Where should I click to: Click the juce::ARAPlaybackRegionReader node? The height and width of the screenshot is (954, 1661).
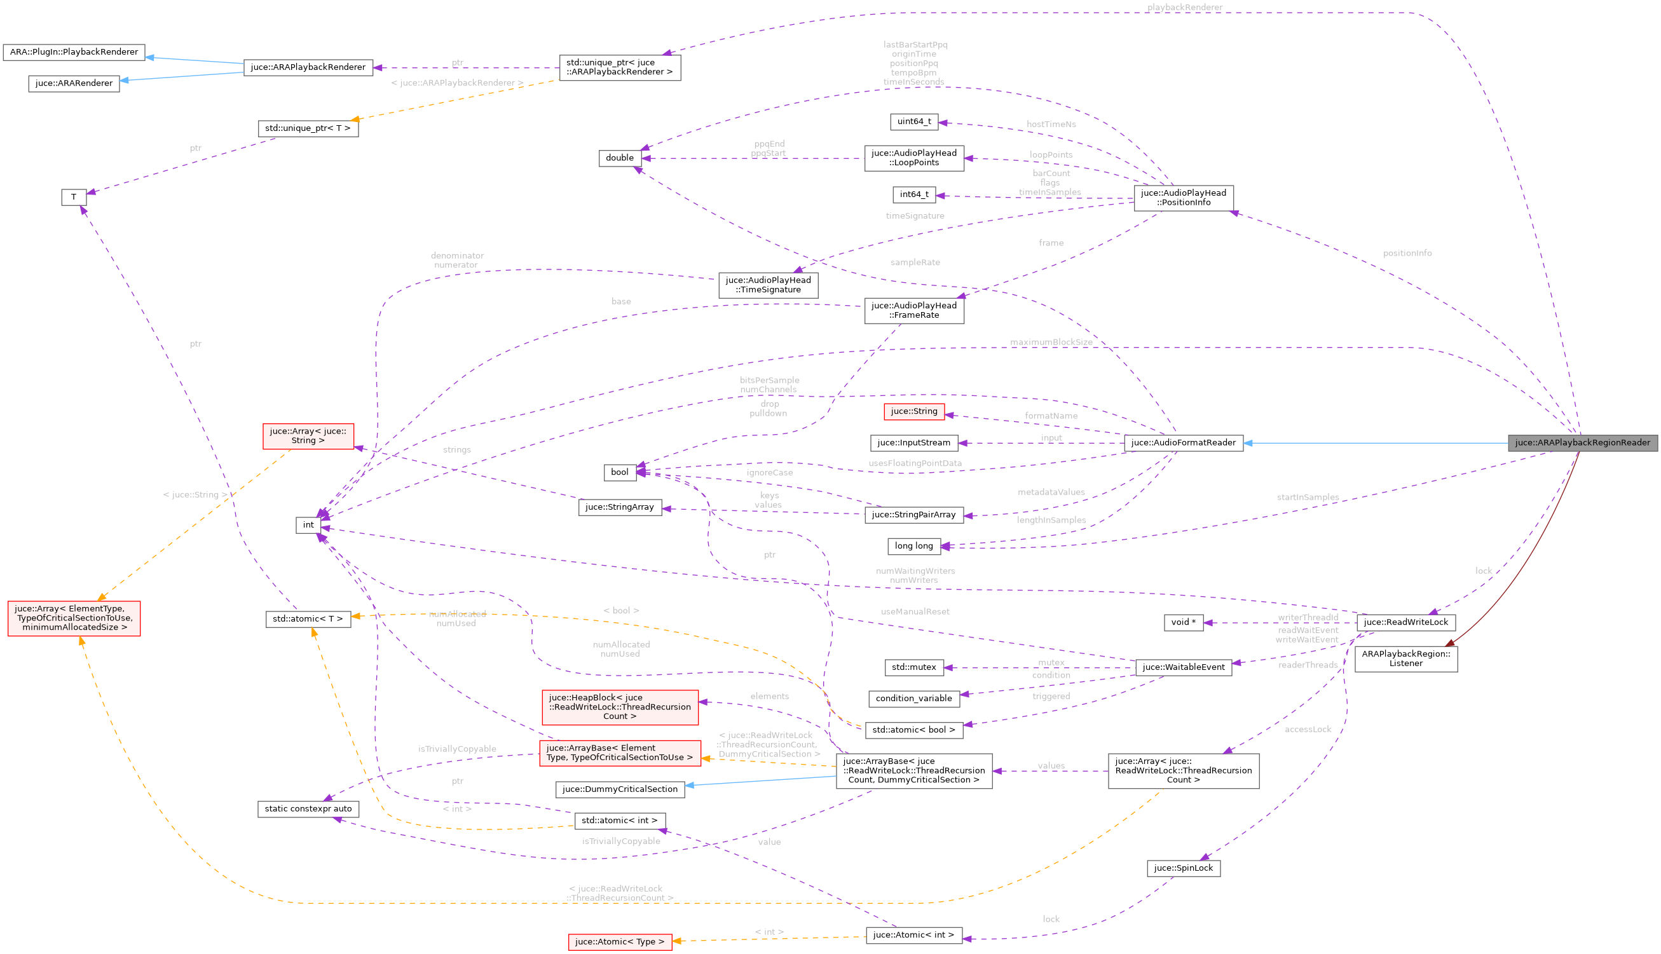(x=1582, y=443)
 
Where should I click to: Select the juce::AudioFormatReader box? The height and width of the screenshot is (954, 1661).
(x=1184, y=443)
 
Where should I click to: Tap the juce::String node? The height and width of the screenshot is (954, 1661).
(x=914, y=411)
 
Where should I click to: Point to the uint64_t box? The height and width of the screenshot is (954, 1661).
(x=914, y=122)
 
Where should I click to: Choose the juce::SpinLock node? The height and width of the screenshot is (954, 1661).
(x=1184, y=868)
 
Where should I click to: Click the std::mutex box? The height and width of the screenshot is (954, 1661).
(x=914, y=667)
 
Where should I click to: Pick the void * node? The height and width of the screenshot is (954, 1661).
(x=1184, y=622)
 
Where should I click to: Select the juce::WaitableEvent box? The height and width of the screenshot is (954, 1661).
(x=1184, y=667)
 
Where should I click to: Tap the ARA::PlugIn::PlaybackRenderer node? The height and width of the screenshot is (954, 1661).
(x=73, y=52)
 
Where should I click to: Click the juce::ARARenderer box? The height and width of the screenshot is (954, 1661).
(x=73, y=84)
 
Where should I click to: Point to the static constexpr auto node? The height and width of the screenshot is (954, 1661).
(x=308, y=809)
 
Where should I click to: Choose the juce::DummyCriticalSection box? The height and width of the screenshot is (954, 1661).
(x=620, y=789)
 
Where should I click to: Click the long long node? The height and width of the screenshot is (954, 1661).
(x=914, y=546)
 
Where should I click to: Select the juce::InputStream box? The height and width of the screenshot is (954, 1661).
(x=914, y=443)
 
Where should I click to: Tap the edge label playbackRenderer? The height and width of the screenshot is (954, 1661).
(x=1185, y=7)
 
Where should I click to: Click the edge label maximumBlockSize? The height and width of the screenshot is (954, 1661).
(x=1051, y=342)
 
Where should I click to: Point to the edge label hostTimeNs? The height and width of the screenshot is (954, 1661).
(x=1051, y=125)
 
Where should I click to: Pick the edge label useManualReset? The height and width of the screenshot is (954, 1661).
(x=915, y=611)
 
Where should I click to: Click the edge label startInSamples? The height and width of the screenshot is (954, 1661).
(x=1308, y=497)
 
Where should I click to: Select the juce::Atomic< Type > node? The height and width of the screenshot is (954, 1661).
(x=620, y=942)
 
